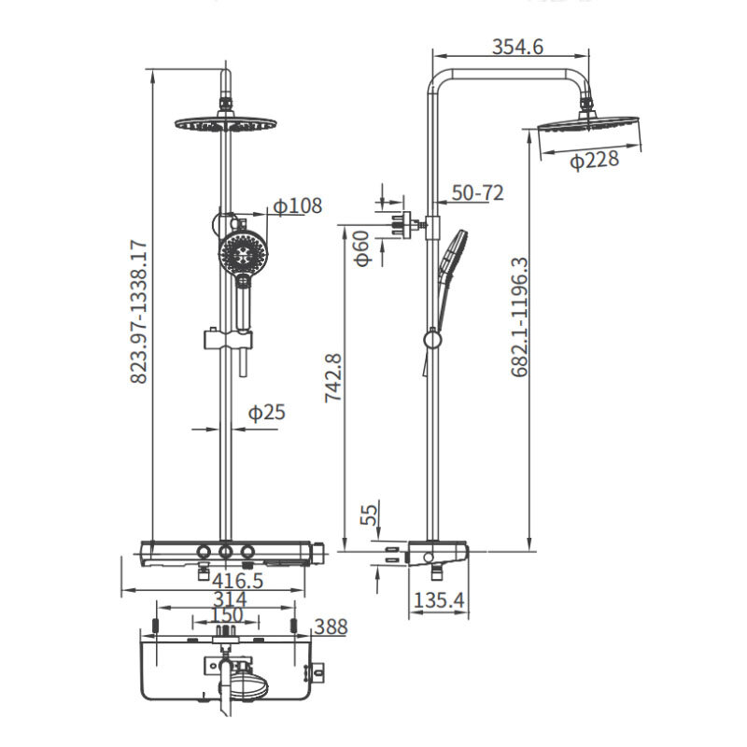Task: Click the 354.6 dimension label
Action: (517, 48)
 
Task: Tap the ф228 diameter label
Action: (594, 160)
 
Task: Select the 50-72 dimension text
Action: (477, 193)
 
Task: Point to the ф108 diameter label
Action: (297, 205)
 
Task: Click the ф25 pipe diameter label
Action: (266, 412)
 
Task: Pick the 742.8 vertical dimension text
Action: (333, 378)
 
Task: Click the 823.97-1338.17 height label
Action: (139, 312)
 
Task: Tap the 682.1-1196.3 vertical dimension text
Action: (520, 317)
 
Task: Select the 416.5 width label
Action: (237, 581)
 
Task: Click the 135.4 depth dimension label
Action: (439, 600)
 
